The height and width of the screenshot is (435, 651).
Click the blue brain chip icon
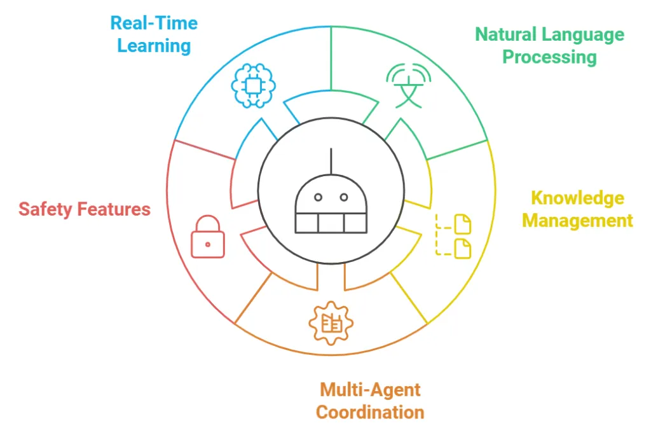253,85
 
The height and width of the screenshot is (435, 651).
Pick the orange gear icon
331,324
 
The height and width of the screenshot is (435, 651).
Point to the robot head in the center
331,204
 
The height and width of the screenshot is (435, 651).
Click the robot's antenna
331,160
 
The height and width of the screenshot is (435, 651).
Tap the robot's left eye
318,197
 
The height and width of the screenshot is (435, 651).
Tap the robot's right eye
344,197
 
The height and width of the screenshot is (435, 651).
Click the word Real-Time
154,24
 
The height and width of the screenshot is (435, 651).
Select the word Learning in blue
154,46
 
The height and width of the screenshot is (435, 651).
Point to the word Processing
549,57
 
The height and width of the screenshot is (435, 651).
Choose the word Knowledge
577,198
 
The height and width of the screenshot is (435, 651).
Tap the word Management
577,221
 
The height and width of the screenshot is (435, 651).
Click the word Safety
46,209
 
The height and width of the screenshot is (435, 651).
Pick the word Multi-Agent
370,389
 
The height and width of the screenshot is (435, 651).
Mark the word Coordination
370,412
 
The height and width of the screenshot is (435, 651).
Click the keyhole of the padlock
208,244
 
